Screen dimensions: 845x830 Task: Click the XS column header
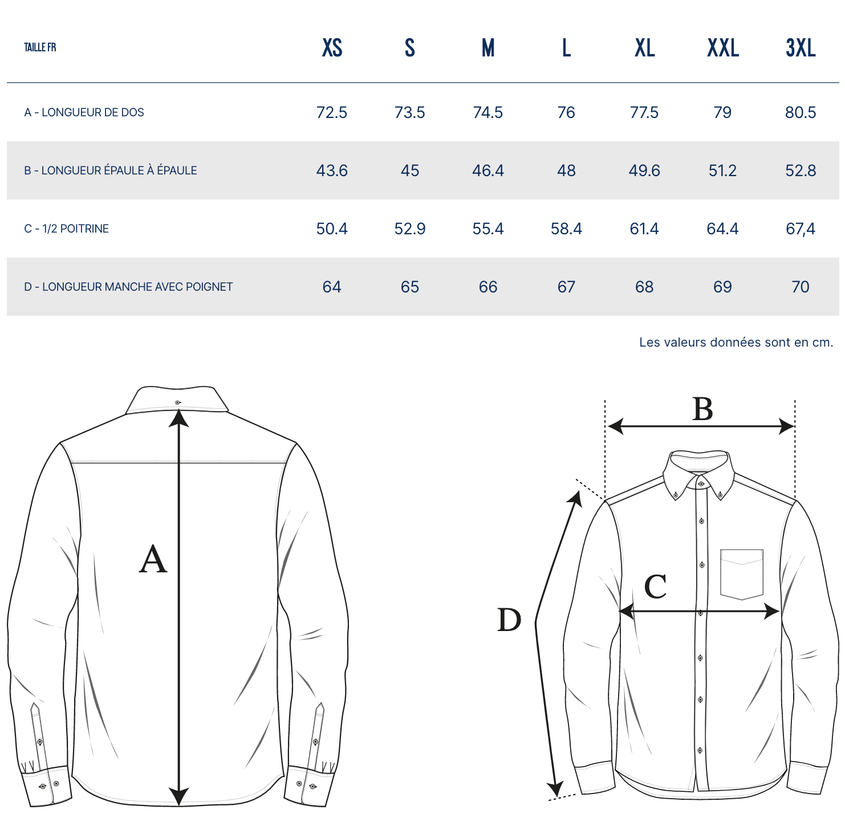[332, 48]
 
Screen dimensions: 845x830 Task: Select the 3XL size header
[801, 48]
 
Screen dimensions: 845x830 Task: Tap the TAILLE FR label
[40, 47]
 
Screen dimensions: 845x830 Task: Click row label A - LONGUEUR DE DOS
[84, 112]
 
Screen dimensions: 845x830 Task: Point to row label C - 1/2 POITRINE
[66, 229]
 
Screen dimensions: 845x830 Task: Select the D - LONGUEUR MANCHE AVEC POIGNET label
[128, 287]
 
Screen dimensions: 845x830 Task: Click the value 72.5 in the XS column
[332, 112]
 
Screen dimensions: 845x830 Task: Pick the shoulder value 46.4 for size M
[488, 170]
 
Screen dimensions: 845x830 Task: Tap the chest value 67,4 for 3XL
[801, 229]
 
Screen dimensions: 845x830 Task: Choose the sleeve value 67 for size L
[566, 287]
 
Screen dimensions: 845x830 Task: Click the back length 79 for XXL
[722, 112]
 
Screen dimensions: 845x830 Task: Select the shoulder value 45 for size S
[410, 170]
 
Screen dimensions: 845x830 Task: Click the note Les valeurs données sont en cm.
[736, 342]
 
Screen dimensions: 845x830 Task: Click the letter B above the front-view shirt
[703, 409]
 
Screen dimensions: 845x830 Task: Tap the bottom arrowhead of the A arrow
[179, 796]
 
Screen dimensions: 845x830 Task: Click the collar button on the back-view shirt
[178, 402]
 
